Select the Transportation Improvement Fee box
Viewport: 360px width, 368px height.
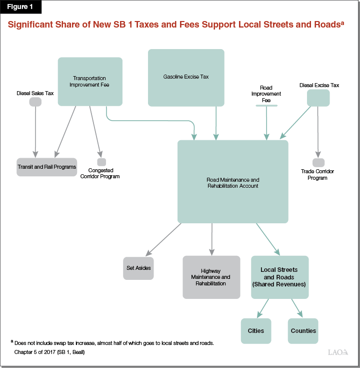point(90,81)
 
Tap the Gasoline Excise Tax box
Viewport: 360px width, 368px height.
point(186,77)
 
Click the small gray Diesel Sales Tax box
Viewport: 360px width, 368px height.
point(35,102)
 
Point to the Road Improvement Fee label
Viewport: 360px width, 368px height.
point(266,94)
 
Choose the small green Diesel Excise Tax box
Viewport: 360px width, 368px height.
point(318,98)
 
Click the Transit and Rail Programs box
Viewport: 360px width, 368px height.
point(46,167)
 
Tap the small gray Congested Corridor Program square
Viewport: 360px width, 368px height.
point(101,162)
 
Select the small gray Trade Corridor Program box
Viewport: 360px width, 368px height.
point(318,162)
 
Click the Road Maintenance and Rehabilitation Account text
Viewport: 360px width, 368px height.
point(232,183)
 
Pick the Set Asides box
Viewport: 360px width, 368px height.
point(138,268)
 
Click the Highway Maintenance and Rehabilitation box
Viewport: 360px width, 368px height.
point(211,277)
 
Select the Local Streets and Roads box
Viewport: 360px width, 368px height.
point(279,277)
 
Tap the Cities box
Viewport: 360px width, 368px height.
point(256,330)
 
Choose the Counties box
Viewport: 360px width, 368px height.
point(303,330)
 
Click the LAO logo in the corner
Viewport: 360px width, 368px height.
point(337,352)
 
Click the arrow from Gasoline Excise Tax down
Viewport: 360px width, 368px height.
point(216,123)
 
